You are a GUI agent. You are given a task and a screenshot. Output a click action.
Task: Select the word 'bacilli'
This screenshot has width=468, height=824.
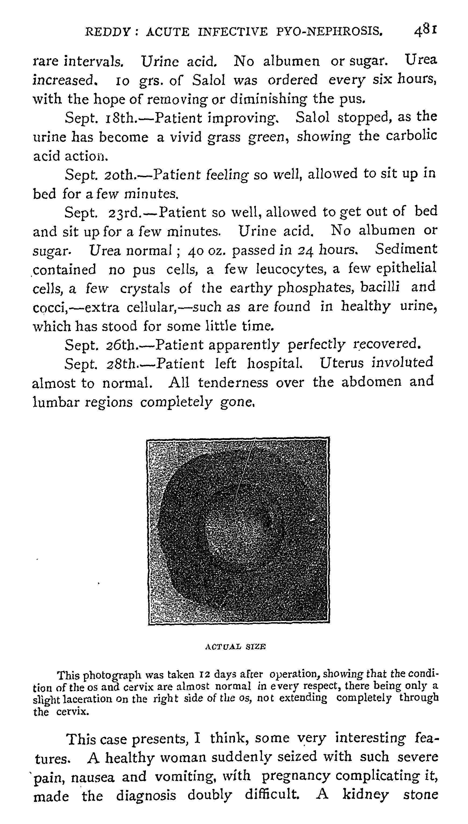coord(380,287)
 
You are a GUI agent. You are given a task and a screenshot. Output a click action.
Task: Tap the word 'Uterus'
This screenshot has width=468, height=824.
coord(342,363)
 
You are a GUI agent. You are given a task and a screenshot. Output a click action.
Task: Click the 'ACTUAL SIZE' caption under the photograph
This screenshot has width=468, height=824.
coord(235,646)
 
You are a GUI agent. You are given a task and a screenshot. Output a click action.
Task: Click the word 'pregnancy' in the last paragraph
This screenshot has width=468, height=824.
coord(296,776)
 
